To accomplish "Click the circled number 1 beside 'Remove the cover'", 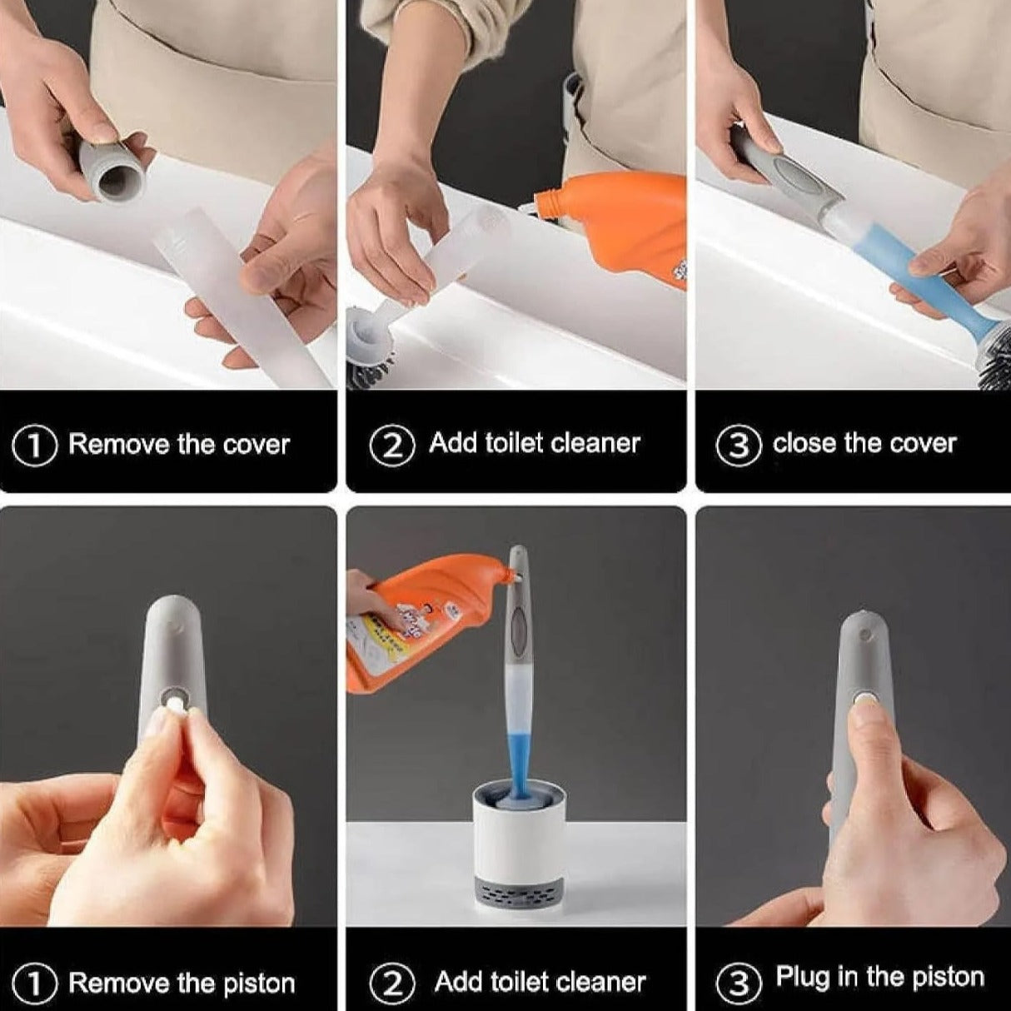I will coord(34,445).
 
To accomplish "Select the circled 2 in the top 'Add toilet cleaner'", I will coord(391,445).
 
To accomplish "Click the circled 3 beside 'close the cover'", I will coord(738,445).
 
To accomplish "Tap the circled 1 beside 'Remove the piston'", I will coord(34,984).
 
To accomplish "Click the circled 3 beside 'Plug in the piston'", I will coord(738,983).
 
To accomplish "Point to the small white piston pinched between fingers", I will coord(175,707).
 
